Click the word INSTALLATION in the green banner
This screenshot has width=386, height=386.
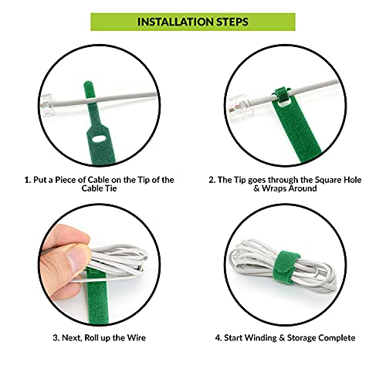175,22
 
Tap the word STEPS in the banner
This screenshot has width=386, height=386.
232,22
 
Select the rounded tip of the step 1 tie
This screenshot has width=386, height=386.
89,85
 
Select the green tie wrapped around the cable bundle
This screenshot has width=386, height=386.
286,266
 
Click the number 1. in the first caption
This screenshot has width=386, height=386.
28,180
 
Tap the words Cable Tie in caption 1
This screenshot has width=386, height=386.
99,188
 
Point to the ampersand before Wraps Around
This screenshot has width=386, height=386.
256,188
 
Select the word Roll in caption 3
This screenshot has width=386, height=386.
92,337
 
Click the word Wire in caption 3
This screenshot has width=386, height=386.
137,337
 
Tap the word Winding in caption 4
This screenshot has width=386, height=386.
261,338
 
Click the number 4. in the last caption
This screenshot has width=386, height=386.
218,338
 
